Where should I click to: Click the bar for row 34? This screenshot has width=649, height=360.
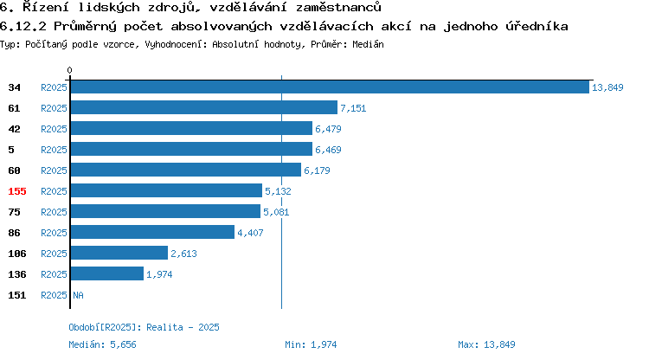[330, 87]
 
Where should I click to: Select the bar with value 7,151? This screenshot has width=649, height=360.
[204, 108]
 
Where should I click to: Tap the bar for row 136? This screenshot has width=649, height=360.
[107, 274]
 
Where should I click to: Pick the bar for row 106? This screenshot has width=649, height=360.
[119, 254]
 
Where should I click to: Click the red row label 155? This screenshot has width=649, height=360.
[17, 191]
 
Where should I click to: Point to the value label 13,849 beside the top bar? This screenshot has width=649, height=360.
[607, 87]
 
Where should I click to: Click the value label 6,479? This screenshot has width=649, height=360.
[328, 129]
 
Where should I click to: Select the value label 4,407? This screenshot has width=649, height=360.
[250, 233]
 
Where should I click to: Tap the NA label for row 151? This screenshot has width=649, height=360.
[78, 295]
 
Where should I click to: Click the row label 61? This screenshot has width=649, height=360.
[14, 108]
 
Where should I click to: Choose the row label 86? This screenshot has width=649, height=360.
[14, 233]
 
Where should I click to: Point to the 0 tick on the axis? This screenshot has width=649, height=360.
[69, 70]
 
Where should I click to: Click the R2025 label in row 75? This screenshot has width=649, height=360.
[54, 212]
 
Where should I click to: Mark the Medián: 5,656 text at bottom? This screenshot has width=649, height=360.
[102, 344]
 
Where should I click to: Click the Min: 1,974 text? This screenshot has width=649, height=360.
[311, 344]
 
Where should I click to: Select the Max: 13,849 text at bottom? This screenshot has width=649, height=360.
[486, 344]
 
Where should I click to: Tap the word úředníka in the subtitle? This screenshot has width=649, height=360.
[537, 27]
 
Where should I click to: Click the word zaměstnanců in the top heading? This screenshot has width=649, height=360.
[338, 7]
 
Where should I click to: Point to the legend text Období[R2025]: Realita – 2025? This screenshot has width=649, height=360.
[144, 327]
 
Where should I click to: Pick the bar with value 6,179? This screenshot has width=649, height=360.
[186, 170]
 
